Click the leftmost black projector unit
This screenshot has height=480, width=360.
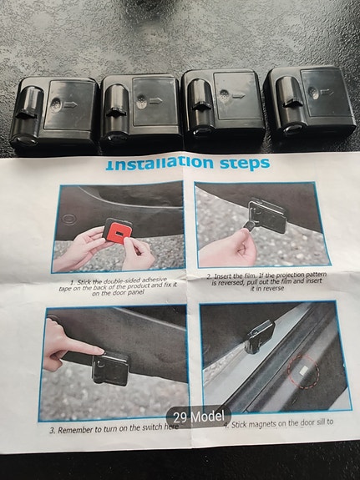tap(53, 112)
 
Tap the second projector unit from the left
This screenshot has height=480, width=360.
tap(140, 110)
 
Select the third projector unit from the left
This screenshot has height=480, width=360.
tap(223, 108)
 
